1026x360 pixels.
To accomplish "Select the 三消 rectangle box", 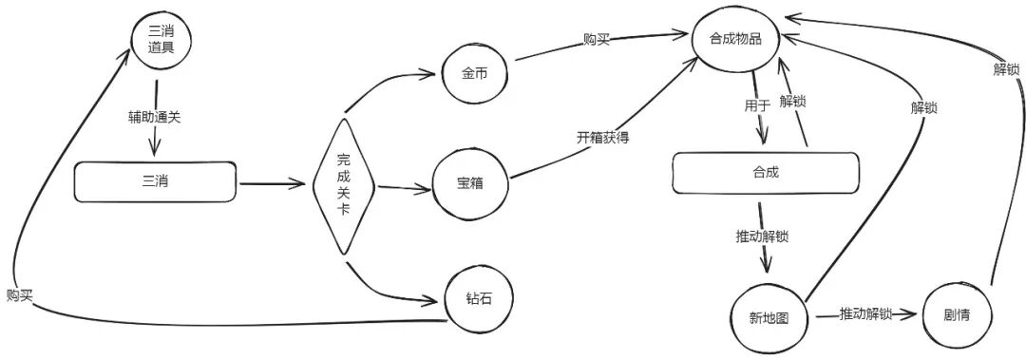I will click(155, 180).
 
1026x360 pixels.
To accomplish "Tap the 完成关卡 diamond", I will click(344, 185).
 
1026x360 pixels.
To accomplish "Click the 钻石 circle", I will click(481, 300).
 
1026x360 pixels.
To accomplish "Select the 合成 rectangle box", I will click(765, 174).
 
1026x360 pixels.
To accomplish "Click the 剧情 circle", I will click(956, 314).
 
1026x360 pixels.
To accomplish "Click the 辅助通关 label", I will click(155, 118).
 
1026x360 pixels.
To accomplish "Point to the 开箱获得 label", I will click(602, 138).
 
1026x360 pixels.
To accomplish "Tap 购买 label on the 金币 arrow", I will click(598, 40).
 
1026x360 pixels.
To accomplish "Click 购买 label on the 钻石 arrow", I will click(19, 294).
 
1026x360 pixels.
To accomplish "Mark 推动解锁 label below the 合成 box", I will click(762, 237).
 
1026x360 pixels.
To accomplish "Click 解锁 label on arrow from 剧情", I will click(1006, 69).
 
